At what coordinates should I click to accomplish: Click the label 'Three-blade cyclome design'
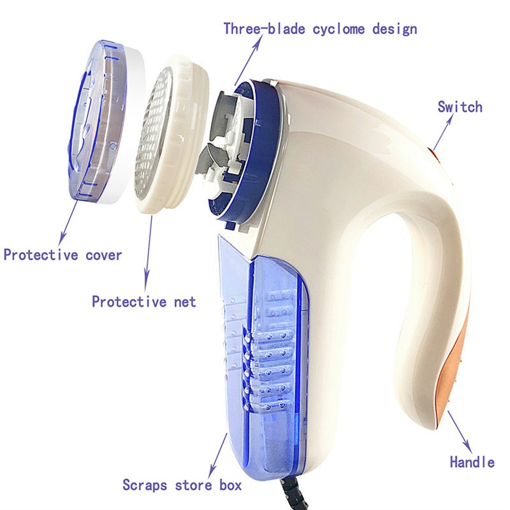320,28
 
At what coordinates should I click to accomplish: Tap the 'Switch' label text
460,107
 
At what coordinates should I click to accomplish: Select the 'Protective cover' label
63,254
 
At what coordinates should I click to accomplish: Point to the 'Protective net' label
144,302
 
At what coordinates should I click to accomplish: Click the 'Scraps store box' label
182,484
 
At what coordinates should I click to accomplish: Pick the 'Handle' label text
472,462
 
